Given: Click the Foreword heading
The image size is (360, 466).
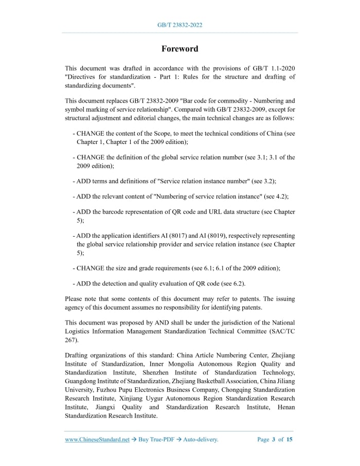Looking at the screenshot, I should coord(179,49).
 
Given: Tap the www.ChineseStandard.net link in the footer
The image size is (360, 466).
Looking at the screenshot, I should coord(97,439).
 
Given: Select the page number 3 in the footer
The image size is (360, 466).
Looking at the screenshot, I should coord(274,439).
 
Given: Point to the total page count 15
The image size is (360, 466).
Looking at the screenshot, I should coord(290,439).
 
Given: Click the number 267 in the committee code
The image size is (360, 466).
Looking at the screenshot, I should coord(72,340).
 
